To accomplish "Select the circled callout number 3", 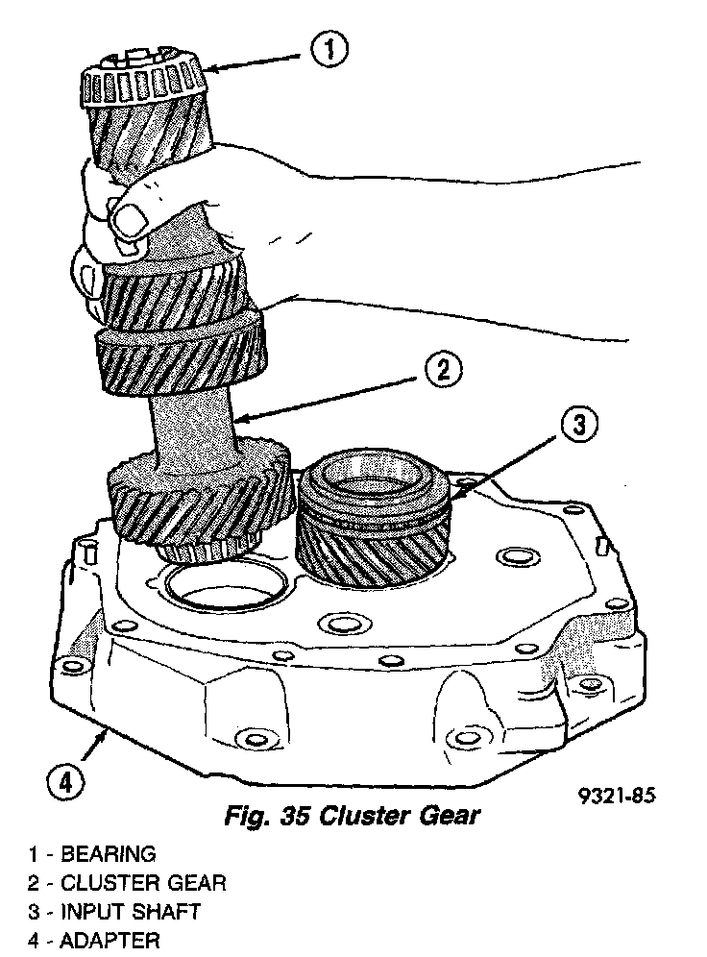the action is click(x=577, y=426).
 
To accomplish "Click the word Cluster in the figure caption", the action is click(x=360, y=818).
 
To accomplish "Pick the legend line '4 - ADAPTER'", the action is click(x=94, y=940).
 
